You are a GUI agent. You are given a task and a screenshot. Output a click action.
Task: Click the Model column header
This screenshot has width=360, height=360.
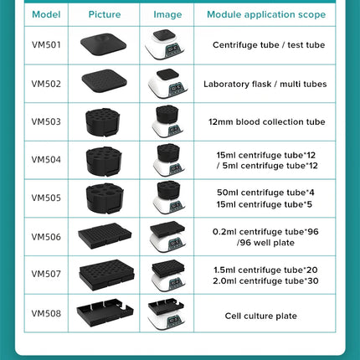(x=46, y=14)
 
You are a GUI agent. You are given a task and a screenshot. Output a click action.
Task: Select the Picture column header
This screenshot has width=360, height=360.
(x=105, y=14)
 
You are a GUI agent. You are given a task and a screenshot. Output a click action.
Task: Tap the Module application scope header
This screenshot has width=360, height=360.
(x=266, y=14)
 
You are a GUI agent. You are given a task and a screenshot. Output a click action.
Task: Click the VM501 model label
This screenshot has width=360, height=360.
(x=46, y=44)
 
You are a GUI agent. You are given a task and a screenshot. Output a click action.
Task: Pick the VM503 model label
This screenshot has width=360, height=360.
(x=46, y=121)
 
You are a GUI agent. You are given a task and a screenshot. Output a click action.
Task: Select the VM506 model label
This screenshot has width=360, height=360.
(x=46, y=237)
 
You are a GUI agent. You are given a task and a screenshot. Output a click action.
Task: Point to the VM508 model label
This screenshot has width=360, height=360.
(x=46, y=313)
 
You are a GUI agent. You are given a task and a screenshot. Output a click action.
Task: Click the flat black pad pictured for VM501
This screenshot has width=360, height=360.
(x=103, y=44)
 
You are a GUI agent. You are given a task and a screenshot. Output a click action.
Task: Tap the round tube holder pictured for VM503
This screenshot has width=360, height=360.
(x=103, y=122)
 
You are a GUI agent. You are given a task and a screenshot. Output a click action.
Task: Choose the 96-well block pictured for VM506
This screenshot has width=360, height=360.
(x=105, y=236)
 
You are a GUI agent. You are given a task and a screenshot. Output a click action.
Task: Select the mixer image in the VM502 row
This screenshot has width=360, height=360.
(x=167, y=84)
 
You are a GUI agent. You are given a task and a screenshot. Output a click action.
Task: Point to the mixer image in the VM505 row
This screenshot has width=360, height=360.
(x=168, y=198)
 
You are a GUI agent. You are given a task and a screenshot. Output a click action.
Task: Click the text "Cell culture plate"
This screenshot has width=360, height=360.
(x=261, y=316)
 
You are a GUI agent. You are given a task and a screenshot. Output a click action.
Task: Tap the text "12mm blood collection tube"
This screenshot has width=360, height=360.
(x=267, y=122)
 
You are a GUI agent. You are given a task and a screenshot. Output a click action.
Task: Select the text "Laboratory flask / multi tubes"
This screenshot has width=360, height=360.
(x=265, y=84)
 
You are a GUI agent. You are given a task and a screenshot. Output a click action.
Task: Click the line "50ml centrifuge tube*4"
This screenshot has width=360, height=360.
(x=265, y=193)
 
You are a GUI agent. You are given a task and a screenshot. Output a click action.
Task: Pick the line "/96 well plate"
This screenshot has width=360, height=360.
(x=265, y=243)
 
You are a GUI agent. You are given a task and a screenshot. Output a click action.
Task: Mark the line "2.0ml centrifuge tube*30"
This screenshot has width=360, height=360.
(x=265, y=280)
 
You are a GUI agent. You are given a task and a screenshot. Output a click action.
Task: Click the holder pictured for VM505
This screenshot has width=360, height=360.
(x=105, y=198)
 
